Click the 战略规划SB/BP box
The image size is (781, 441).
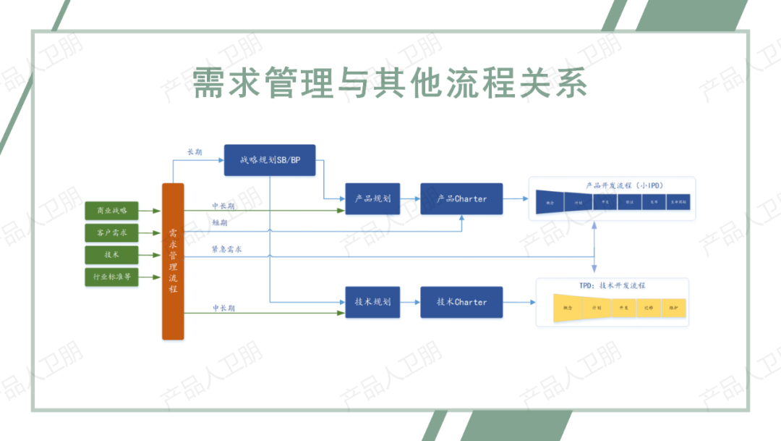click(x=270, y=160)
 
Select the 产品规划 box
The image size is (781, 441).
click(x=372, y=198)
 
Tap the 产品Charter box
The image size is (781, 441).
click(x=461, y=198)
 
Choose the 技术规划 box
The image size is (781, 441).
click(x=372, y=302)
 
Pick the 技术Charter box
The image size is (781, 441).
click(x=461, y=302)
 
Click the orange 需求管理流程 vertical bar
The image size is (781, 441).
click(x=173, y=261)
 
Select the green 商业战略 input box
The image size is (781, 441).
click(x=111, y=211)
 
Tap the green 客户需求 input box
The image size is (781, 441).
click(x=111, y=233)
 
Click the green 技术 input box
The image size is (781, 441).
click(x=111, y=255)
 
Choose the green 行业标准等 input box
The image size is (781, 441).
click(x=111, y=277)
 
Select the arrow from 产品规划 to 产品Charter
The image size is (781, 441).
click(x=410, y=198)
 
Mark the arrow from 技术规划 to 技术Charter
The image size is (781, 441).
click(x=410, y=302)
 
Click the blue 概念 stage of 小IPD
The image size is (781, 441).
click(x=550, y=203)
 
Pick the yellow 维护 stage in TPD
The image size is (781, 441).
click(x=673, y=308)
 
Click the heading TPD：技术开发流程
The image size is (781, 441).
click(x=612, y=286)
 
